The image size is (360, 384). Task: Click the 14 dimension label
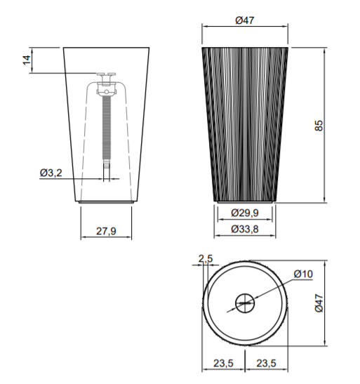pyautogui.click(x=27, y=60)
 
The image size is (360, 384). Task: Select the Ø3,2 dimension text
pyautogui.click(x=51, y=173)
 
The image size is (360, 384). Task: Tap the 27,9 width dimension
pyautogui.click(x=106, y=231)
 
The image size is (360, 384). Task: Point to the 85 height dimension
pyautogui.click(x=319, y=126)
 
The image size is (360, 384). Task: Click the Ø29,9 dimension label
pyautogui.click(x=245, y=213)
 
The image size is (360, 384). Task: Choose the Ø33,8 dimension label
pyautogui.click(x=245, y=230)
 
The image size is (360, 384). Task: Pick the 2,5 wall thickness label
pyautogui.click(x=206, y=258)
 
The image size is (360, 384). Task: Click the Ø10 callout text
pyautogui.click(x=303, y=274)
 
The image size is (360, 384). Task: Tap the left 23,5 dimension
pyautogui.click(x=223, y=363)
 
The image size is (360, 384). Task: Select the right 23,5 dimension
pyautogui.click(x=266, y=363)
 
